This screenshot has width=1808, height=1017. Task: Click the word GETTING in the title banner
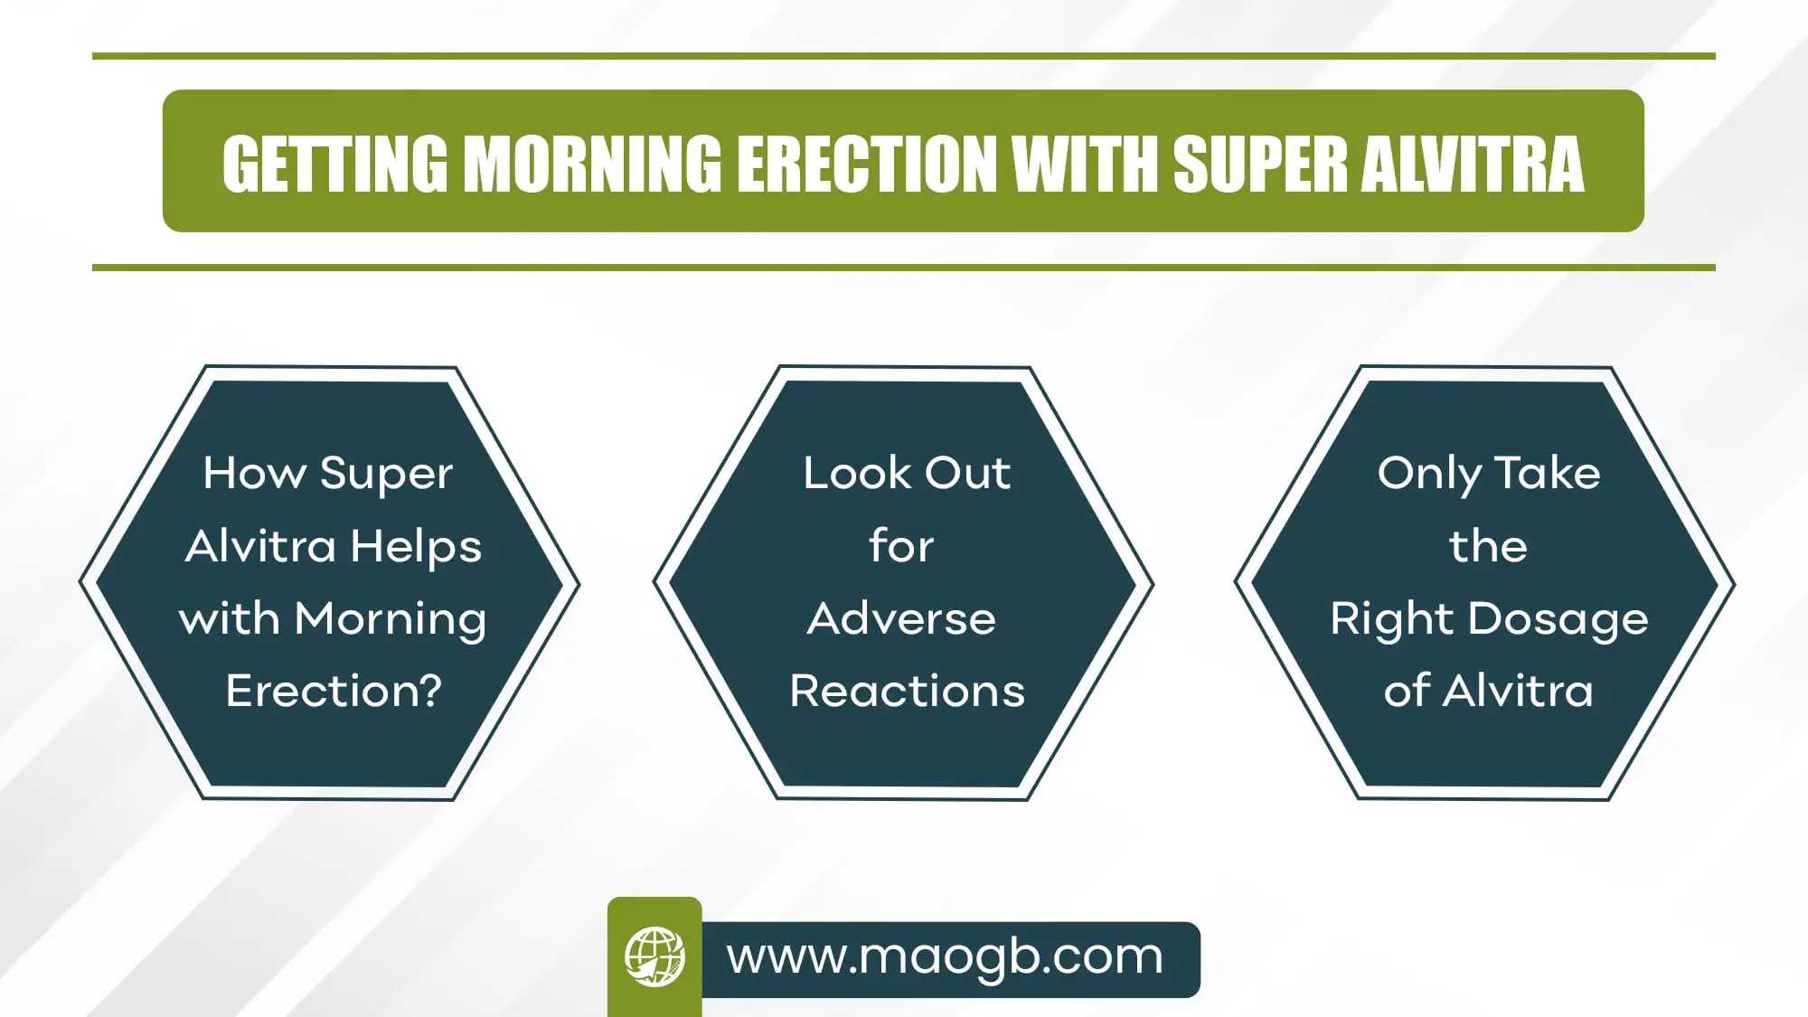point(335,164)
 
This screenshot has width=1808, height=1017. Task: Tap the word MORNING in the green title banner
point(593,164)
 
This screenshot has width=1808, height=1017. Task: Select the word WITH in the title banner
point(1084,164)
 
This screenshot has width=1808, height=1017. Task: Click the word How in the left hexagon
point(254,473)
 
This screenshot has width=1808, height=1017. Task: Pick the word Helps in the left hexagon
point(416,546)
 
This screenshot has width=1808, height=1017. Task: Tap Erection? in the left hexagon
point(334,691)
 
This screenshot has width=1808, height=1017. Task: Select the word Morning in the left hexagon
point(391,620)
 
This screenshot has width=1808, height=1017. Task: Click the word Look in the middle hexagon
point(857,473)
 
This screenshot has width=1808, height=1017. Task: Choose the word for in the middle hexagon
point(901,545)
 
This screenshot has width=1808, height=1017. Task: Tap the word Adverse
point(901,619)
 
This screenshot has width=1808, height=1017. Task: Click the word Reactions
point(908,692)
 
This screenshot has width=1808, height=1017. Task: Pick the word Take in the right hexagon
point(1548,473)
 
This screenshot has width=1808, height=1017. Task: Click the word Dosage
point(1558,620)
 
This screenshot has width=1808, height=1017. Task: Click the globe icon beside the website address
point(654,956)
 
